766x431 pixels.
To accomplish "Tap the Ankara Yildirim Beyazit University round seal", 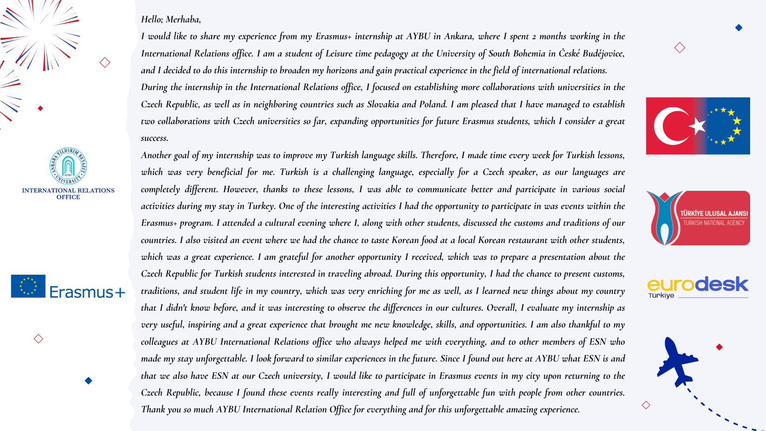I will [68, 166].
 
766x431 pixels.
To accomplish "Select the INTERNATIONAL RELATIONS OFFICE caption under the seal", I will [68, 194].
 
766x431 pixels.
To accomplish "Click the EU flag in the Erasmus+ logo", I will [28, 286].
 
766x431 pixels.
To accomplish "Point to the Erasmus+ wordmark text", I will [87, 292].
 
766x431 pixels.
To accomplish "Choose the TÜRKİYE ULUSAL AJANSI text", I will [714, 214].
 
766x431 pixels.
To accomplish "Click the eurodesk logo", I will [697, 285].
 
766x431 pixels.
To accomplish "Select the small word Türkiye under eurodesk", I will [661, 296].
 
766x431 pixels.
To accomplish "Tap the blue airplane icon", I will [676, 361].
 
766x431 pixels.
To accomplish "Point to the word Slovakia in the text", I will [383, 104].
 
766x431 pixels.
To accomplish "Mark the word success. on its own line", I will [155, 139].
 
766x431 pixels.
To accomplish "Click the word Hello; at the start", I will [152, 20].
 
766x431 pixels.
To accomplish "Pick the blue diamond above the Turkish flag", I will [738, 28].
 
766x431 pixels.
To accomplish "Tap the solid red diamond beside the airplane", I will [719, 347].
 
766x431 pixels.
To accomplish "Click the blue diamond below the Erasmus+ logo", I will [88, 381].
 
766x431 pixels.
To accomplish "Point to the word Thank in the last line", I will [153, 410].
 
